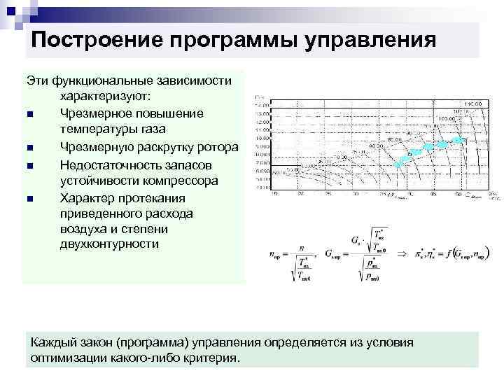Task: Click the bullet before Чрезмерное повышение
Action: [x=31, y=114]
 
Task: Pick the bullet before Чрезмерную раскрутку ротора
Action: [x=31, y=148]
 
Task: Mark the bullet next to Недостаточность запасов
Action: [x=31, y=164]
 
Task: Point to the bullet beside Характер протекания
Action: [x=31, y=198]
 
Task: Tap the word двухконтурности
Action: [x=110, y=244]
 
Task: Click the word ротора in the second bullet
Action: [x=220, y=147]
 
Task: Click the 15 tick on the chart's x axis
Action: [x=274, y=195]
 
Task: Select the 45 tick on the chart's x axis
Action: [x=433, y=195]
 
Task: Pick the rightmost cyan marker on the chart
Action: [x=459, y=141]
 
